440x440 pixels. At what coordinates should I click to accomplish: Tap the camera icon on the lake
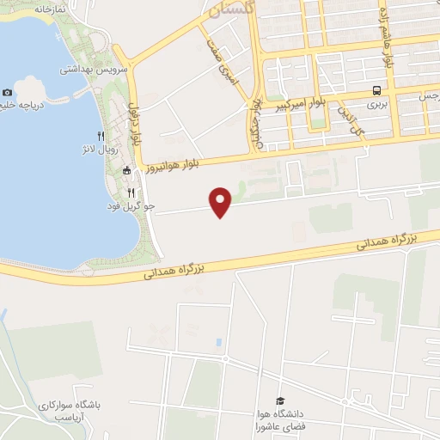(8, 93)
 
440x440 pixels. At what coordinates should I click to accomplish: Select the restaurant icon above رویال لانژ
(101, 136)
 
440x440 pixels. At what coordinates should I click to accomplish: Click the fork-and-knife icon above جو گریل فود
(131, 192)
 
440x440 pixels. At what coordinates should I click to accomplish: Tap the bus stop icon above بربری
(376, 90)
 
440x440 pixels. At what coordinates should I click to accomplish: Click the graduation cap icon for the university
(279, 400)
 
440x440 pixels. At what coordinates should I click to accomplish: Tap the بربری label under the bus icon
(376, 104)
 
